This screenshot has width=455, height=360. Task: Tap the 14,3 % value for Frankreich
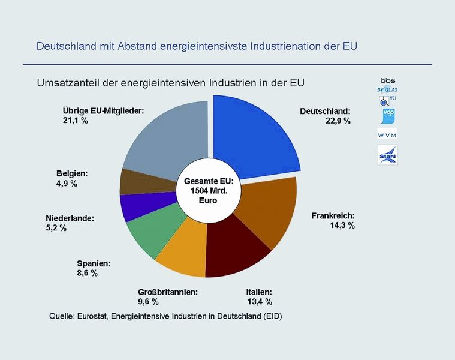pyautogui.click(x=342, y=225)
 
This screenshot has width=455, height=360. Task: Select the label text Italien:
pyautogui.click(x=260, y=292)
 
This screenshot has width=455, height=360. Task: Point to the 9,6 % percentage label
pyautogui.click(x=148, y=301)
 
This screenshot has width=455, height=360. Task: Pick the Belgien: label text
pyautogui.click(x=72, y=173)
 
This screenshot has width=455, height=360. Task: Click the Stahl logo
pyautogui.click(x=387, y=155)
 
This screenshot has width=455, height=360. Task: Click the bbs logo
pyautogui.click(x=387, y=80)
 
